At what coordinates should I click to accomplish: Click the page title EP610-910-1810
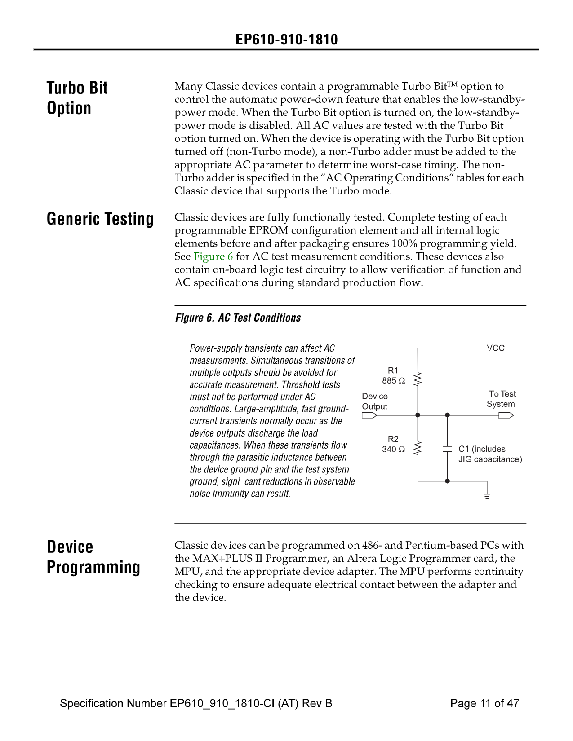click(286, 40)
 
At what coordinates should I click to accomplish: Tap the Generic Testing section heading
click(100, 219)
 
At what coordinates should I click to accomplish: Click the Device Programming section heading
click(93, 557)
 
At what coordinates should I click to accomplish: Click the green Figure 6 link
click(213, 257)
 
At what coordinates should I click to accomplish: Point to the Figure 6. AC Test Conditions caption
click(238, 318)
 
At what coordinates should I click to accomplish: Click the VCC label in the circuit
click(496, 348)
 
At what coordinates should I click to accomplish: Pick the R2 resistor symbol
click(418, 448)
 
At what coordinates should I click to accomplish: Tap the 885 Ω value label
click(393, 381)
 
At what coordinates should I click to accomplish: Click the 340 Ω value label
click(393, 450)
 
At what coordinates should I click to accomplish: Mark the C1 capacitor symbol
click(447, 448)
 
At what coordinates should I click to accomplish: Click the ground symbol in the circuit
click(487, 495)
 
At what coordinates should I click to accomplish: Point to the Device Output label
click(375, 401)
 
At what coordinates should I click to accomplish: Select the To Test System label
click(502, 399)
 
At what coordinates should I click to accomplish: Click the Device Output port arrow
click(369, 415)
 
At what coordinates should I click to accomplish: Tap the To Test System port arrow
click(506, 415)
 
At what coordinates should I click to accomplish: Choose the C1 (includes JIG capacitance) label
click(490, 454)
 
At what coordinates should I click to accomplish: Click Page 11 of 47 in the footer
click(484, 703)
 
